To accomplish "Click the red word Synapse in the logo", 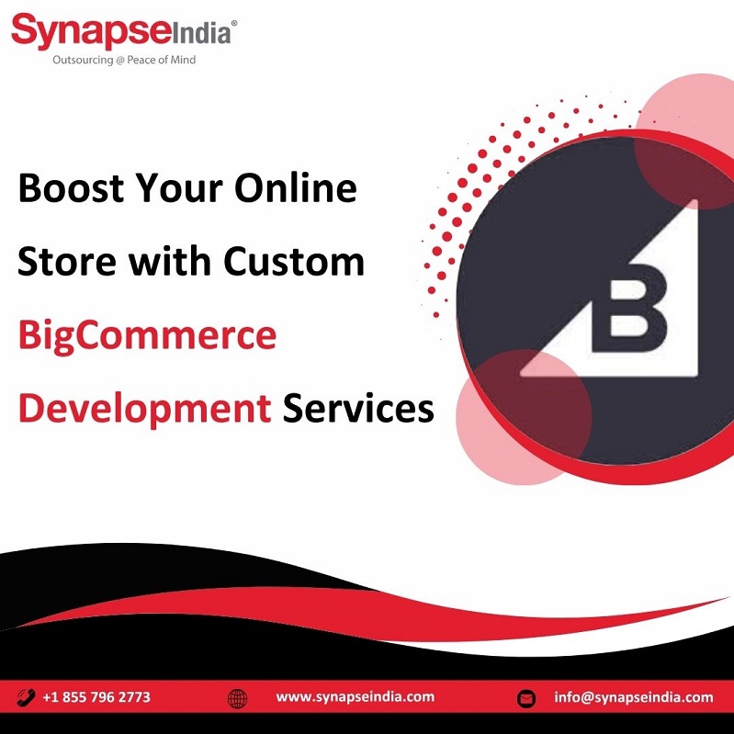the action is pyautogui.click(x=91, y=31).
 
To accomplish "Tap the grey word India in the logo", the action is pyautogui.click(x=201, y=34).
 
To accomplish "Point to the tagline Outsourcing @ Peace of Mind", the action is pyautogui.click(x=124, y=60).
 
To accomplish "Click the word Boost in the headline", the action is pyautogui.click(x=71, y=187).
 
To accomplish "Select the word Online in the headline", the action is pyautogui.click(x=296, y=187).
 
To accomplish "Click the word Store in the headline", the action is pyautogui.click(x=67, y=261).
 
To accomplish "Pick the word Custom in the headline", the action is pyautogui.click(x=293, y=261).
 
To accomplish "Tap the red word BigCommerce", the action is pyautogui.click(x=148, y=336).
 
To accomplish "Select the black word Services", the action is pyautogui.click(x=358, y=409).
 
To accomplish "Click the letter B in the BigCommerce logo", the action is pyautogui.click(x=629, y=308).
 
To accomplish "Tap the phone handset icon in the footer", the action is pyautogui.click(x=26, y=697).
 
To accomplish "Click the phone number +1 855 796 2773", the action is pyautogui.click(x=96, y=697).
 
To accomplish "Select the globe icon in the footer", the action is pyautogui.click(x=237, y=698).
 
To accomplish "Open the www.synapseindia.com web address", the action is pyautogui.click(x=356, y=697).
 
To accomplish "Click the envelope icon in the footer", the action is pyautogui.click(x=526, y=699).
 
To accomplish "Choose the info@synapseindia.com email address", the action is pyautogui.click(x=634, y=697).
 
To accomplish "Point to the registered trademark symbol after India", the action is pyautogui.click(x=234, y=22).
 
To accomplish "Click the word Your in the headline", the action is pyautogui.click(x=179, y=187).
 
